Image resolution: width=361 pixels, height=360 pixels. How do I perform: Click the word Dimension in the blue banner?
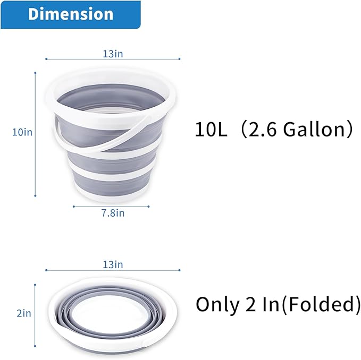pos(71,14)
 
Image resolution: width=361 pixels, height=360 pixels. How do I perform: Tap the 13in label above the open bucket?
pos(113,53)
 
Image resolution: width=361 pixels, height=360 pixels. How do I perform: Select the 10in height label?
pos(22,132)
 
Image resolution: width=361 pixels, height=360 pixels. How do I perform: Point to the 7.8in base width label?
pos(113,213)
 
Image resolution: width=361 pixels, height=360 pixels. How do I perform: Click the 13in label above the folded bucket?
pos(113,264)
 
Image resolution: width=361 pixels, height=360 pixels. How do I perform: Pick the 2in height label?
pos(24,313)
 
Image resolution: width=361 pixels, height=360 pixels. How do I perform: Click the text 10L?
pos(211,130)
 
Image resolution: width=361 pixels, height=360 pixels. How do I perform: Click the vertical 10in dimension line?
pos(36,133)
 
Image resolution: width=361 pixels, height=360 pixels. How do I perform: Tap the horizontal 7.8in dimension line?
pos(113,206)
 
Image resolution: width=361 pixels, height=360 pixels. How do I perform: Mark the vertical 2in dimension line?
pos(36,313)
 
